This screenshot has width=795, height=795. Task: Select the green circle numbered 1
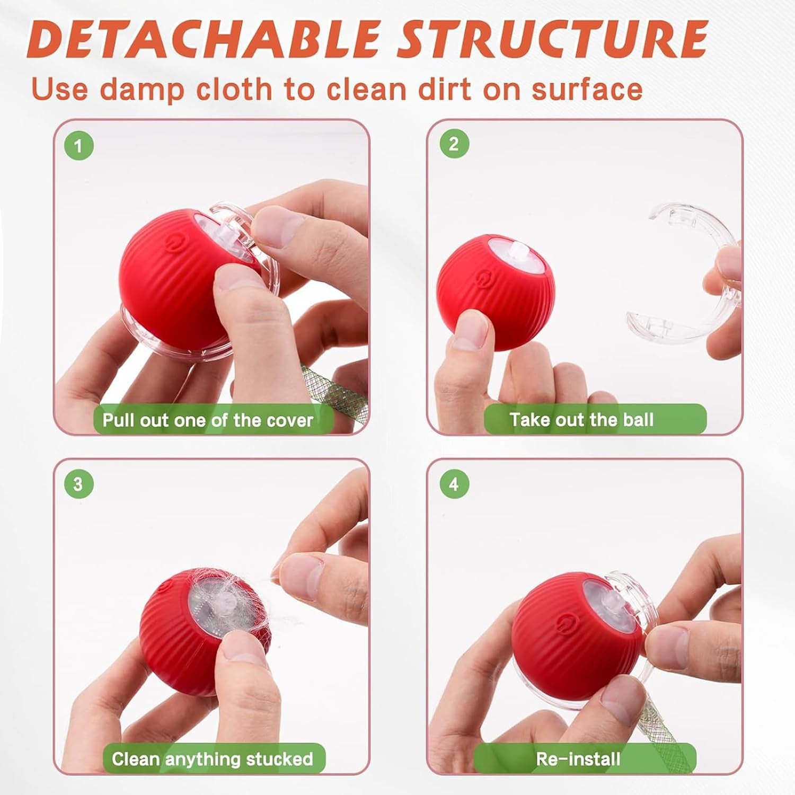79,146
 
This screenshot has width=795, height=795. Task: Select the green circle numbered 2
454,144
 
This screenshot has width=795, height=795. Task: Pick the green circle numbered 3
78,484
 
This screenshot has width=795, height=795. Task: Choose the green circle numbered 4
454,484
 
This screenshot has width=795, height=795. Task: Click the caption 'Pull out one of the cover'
208,420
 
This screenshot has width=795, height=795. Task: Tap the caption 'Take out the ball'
581,420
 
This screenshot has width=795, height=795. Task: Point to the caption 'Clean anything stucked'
212,758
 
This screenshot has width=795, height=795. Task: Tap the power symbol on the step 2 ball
484,278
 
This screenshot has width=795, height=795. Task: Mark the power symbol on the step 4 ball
569,621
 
